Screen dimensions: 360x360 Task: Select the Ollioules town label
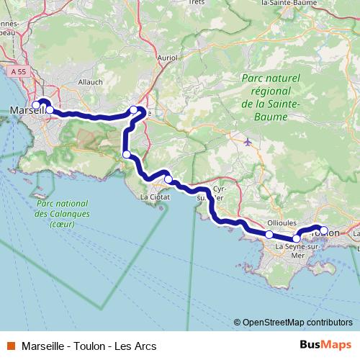pos(282,223)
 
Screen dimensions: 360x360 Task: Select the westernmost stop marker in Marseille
pos(36,105)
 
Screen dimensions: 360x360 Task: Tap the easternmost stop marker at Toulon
pos(324,230)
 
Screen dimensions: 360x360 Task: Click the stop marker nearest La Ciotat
pos(168,179)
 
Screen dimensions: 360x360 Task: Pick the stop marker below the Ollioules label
pos(269,235)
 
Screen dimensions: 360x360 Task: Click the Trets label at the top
pos(197,2)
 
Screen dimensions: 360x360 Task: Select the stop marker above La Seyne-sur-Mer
pos(297,238)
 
